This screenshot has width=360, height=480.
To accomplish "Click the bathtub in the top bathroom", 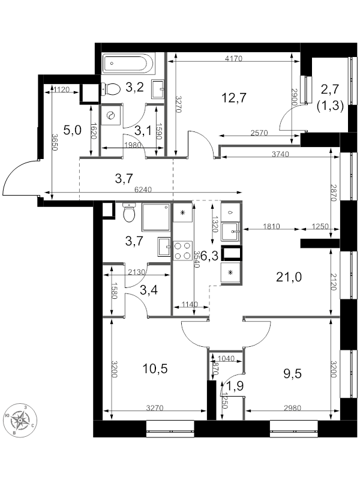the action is point(128,64).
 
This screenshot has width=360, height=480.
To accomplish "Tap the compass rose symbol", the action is point(20,419).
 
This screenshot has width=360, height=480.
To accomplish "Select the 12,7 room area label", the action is point(233,98).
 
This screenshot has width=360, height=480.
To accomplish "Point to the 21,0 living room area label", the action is point(289,277).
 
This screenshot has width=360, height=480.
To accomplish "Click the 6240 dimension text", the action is point(143,190).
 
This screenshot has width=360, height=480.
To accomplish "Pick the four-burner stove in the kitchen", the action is point(183,251).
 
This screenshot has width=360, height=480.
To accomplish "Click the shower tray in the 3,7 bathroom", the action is point(156,218).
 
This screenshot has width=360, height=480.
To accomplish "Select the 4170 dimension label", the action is point(233,58).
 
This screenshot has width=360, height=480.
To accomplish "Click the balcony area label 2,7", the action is point(330,89).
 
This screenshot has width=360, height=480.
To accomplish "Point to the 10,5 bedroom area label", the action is point(155,369).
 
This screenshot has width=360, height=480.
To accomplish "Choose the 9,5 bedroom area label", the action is point(292,374).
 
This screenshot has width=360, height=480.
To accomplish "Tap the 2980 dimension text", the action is point(292,408).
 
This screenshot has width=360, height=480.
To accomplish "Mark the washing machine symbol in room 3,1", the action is point(110,115).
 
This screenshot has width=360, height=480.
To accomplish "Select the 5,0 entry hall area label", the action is point(72,130).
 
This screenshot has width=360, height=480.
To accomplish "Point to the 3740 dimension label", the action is point(280,154).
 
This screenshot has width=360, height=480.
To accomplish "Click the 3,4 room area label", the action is point(149,290).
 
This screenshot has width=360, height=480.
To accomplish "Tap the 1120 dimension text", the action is point(62,89).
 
